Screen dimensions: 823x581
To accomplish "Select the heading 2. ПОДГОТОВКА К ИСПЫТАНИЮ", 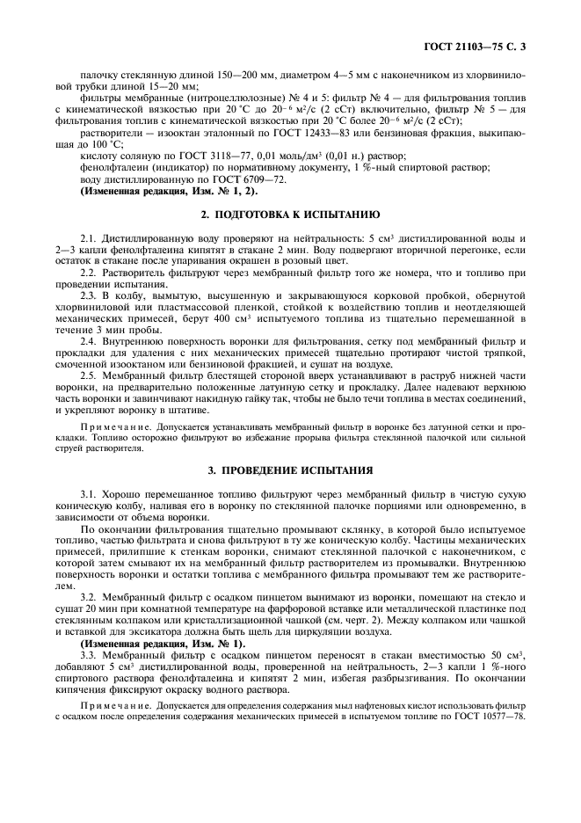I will [x=290, y=215].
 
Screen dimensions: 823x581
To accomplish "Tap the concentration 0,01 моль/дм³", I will [x=289, y=155].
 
